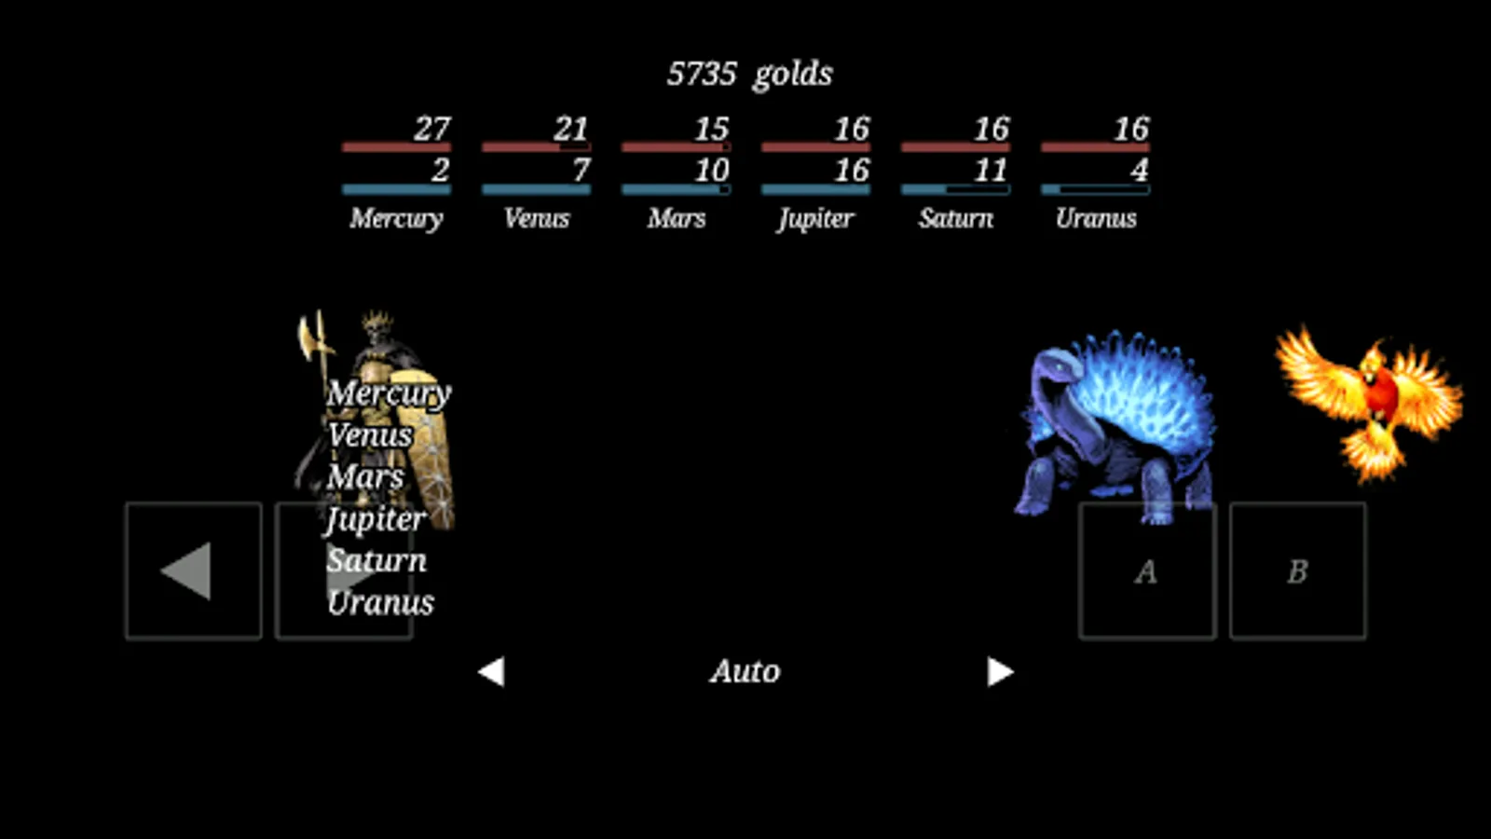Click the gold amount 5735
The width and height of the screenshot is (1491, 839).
point(702,74)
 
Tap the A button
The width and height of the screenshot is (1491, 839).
point(1147,571)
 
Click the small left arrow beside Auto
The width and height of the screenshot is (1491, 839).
point(491,671)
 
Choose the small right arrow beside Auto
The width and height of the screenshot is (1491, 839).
point(1001,671)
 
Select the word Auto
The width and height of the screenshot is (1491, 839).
point(745,671)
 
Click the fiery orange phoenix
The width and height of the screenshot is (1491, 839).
point(1369,403)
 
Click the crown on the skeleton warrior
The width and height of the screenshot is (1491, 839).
point(377,321)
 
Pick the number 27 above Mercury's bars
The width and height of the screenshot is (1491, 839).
point(432,129)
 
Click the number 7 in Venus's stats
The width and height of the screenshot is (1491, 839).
point(581,171)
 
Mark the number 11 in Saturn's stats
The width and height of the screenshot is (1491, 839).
point(991,171)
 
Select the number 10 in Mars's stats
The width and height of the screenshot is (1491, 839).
point(712,171)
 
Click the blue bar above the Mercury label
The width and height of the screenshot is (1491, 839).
point(397,190)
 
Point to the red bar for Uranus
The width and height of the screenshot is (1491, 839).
point(1096,147)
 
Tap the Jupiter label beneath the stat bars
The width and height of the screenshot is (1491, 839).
point(815,218)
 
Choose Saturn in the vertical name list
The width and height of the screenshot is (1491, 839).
point(376,560)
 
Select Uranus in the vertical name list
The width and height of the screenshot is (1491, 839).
point(381,602)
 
